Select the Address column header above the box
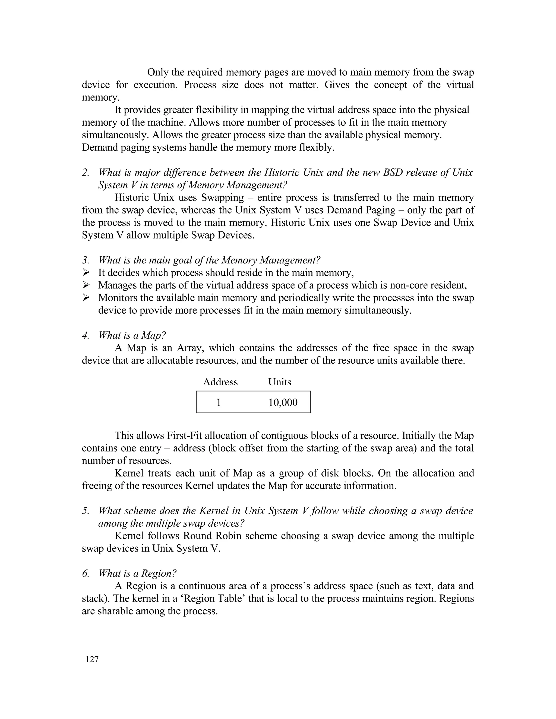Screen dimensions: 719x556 point(220,382)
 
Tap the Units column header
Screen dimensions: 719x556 point(280,382)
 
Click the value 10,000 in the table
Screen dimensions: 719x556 point(283,402)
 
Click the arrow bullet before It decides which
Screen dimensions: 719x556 point(86,273)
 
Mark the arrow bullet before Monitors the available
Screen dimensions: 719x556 point(86,298)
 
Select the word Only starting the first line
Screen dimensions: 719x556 point(157,72)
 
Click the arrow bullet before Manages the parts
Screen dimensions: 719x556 point(86,285)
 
